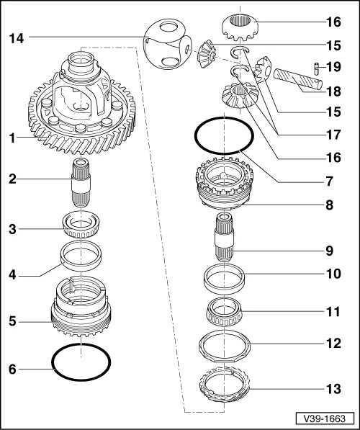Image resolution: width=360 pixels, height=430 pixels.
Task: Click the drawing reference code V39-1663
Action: coord(325,418)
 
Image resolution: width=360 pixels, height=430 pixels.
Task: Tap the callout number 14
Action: coord(17,38)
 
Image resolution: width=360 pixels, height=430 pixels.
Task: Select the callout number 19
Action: coord(333,67)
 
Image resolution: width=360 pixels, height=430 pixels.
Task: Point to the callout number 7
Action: coord(330,182)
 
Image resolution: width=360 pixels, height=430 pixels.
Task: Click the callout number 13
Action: coord(333,389)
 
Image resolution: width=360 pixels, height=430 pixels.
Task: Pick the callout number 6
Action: coord(13,369)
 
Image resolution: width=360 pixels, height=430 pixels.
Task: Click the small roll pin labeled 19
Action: coord(316,68)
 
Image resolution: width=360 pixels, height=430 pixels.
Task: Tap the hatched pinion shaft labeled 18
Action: coord(298,79)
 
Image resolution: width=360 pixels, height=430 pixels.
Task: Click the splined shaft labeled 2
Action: coord(81,183)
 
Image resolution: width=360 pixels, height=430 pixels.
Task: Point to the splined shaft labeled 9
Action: coord(225,237)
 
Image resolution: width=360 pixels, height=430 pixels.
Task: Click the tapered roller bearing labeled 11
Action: coord(225,312)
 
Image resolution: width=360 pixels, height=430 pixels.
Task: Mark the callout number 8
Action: coord(330,205)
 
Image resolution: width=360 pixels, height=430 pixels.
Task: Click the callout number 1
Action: coord(12,138)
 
